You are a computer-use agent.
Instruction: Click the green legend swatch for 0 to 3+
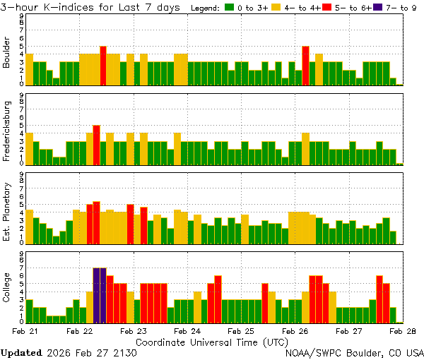click(229, 8)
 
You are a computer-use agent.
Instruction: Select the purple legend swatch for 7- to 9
click(375, 8)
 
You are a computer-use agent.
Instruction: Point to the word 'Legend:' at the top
click(206, 8)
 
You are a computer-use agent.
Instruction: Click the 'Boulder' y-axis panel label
click(7, 51)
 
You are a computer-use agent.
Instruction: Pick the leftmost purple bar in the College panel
click(97, 294)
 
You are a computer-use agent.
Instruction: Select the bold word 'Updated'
click(21, 352)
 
